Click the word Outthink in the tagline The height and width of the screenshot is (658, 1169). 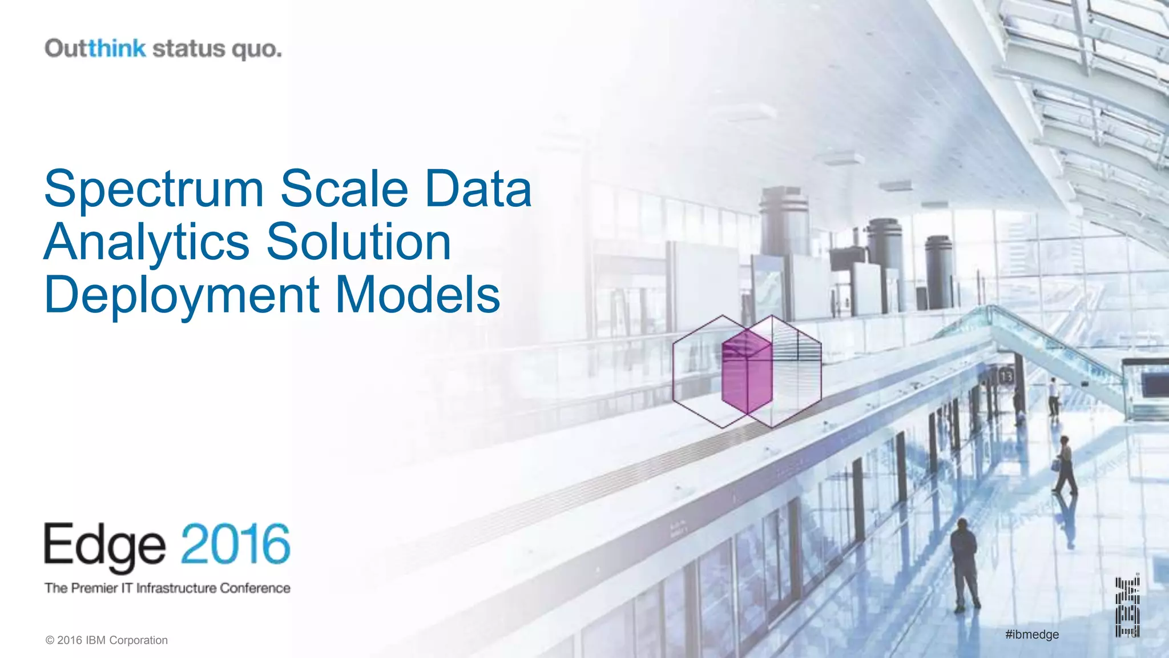[95, 49]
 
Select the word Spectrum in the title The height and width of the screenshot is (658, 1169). [154, 188]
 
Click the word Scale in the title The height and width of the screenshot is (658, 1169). [344, 188]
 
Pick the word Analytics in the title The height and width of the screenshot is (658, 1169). [147, 242]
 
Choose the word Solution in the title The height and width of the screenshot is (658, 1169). [359, 242]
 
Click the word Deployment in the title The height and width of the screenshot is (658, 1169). [182, 295]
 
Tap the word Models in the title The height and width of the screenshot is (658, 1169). [418, 295]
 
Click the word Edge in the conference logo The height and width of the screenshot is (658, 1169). [105, 545]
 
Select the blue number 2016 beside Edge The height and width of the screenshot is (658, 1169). [236, 544]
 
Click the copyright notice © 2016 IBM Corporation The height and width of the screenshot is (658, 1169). [107, 640]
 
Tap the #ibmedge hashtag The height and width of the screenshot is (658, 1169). [1032, 635]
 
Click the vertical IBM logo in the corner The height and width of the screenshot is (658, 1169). [1127, 607]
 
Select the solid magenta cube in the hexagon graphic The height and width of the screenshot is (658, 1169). [747, 371]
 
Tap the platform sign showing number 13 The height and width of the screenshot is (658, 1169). [1006, 376]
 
